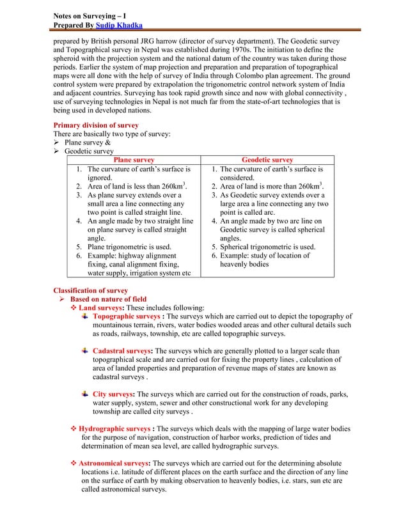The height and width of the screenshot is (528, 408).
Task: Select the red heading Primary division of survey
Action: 95,125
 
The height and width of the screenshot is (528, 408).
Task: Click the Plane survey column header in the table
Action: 134,160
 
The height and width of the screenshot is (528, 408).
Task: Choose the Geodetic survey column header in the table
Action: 267,160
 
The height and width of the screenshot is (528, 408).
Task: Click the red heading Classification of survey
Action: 90,290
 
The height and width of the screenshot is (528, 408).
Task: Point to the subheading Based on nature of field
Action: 108,299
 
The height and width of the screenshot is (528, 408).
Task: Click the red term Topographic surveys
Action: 127,316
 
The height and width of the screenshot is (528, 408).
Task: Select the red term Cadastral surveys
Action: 122,351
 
